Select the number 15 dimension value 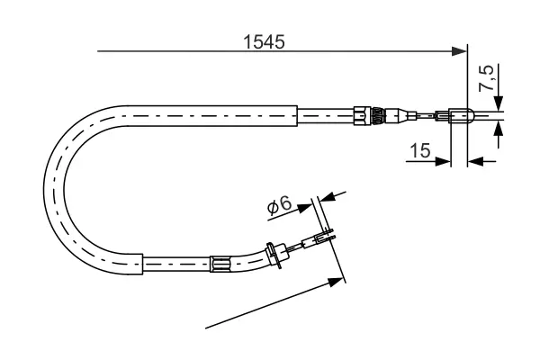418,150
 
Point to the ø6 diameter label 279,207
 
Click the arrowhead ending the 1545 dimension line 461,51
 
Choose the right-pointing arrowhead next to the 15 444,162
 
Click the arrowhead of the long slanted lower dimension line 339,281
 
